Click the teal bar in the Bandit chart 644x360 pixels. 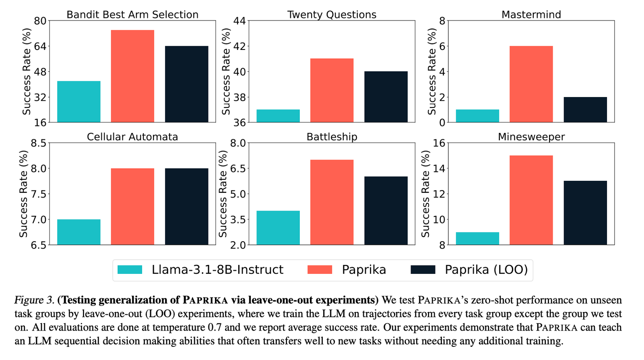[x=78, y=101]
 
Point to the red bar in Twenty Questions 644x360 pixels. [x=332, y=90]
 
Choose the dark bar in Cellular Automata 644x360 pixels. [x=186, y=206]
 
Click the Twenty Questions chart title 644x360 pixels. [x=332, y=15]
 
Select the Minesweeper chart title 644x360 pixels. [x=531, y=137]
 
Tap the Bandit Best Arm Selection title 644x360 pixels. [x=132, y=15]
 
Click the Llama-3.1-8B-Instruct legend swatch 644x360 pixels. [x=130, y=270]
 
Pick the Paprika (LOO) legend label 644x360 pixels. [x=486, y=270]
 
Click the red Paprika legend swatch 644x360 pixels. [x=320, y=270]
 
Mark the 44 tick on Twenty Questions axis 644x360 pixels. [x=240, y=21]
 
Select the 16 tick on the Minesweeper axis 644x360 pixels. [x=440, y=143]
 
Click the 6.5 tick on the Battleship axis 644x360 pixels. [x=237, y=168]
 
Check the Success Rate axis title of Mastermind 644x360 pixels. [x=432, y=71]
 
